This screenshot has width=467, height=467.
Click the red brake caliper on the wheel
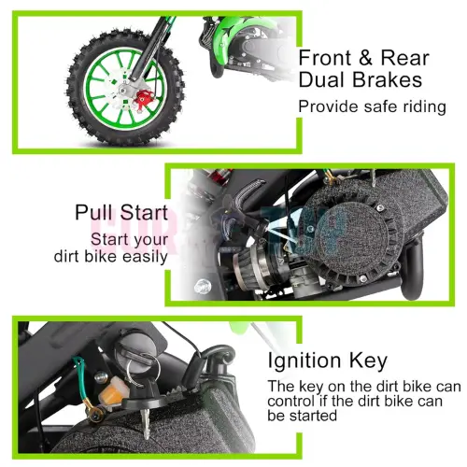144,98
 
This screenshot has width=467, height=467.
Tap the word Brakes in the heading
388,79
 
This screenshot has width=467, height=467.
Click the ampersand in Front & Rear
365,58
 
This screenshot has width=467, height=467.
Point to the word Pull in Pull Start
94,212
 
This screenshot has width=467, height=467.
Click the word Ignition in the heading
304,361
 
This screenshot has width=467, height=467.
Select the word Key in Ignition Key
368,361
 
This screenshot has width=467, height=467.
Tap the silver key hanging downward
145,422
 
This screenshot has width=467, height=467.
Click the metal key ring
144,369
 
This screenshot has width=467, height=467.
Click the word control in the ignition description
290,401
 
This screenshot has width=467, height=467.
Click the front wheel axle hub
124,91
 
